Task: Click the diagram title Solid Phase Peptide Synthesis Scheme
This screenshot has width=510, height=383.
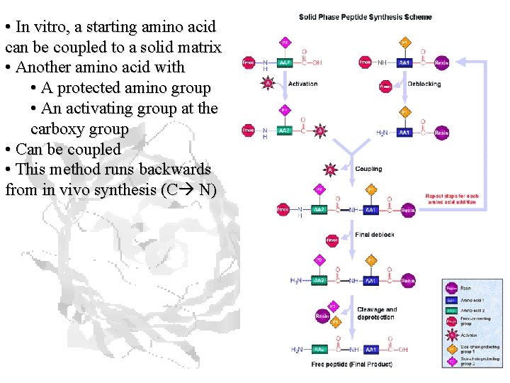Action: coord(365,17)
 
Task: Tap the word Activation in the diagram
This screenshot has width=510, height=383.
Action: coord(302,84)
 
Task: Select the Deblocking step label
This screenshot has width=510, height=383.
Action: coord(424,84)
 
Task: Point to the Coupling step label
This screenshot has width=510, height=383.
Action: coord(368,169)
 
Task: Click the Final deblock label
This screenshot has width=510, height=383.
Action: coord(375,235)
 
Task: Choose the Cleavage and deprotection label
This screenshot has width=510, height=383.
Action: coord(377,313)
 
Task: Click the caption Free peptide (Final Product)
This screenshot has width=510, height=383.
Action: coord(351,365)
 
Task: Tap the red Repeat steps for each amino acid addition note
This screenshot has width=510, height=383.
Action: coord(452,199)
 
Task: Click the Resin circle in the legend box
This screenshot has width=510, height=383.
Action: coord(451,289)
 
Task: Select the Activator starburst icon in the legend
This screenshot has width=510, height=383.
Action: coord(451,335)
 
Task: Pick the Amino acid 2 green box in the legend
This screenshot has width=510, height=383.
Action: coord(451,310)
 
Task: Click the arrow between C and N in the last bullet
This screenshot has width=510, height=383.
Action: coord(188,190)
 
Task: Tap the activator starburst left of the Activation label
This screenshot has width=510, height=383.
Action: coord(268,84)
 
